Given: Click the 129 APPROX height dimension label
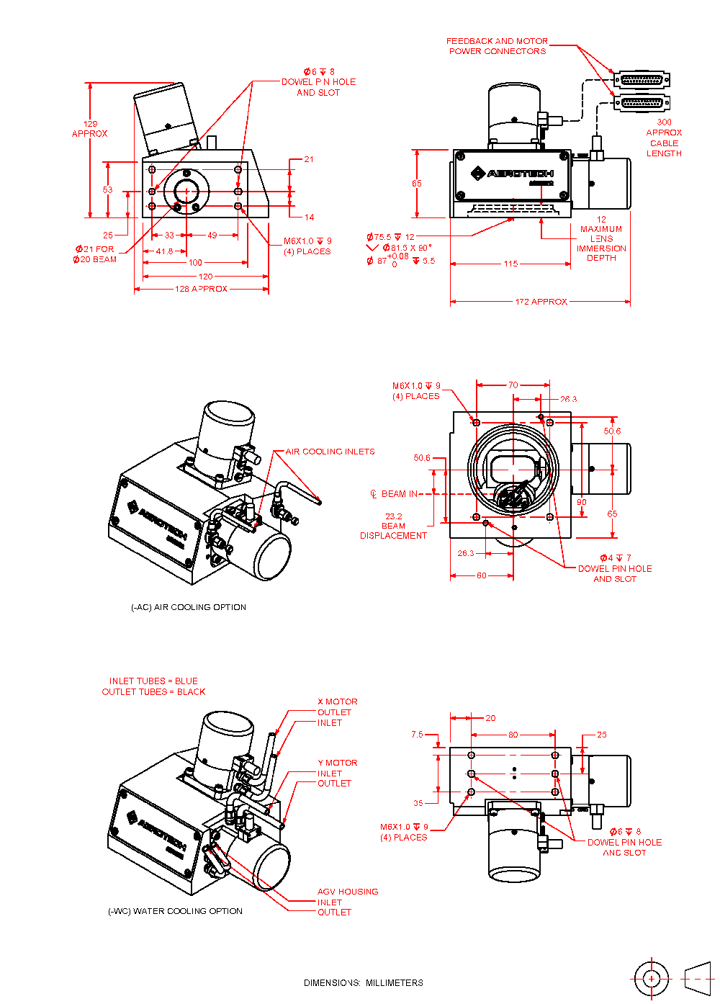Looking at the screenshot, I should [x=90, y=129].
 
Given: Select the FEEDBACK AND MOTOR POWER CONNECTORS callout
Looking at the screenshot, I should [x=497, y=46].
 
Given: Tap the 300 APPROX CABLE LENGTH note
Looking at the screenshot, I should [x=664, y=138].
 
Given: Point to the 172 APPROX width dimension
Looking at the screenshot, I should [x=541, y=302].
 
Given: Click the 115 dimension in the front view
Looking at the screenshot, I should [x=510, y=264].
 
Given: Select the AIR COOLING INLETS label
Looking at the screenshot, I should [x=330, y=452].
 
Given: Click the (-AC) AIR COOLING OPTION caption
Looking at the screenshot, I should [x=189, y=607].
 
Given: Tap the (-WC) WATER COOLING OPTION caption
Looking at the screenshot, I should [x=175, y=911].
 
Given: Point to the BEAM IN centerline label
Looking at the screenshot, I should [x=394, y=494].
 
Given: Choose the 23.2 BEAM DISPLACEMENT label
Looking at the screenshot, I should [x=393, y=526].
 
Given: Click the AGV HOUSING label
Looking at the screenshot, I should [x=348, y=892].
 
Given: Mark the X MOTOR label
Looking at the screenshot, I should [x=338, y=702].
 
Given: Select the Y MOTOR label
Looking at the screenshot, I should [x=338, y=763].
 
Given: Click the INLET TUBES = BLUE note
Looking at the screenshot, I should [x=153, y=681].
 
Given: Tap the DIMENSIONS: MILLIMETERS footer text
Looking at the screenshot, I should [x=364, y=982].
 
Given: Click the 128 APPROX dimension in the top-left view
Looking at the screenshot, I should [x=201, y=289].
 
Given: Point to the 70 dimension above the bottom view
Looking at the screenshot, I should [x=513, y=385].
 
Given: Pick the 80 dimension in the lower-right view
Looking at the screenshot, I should [x=513, y=735].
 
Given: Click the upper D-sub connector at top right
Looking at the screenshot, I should [x=642, y=80].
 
